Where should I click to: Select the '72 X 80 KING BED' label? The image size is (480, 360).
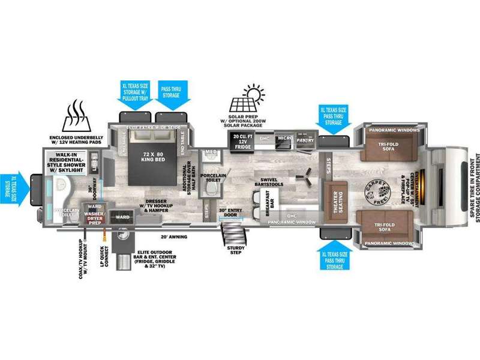click(x=154, y=149)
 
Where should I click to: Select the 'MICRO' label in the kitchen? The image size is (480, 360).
click(x=284, y=139)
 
